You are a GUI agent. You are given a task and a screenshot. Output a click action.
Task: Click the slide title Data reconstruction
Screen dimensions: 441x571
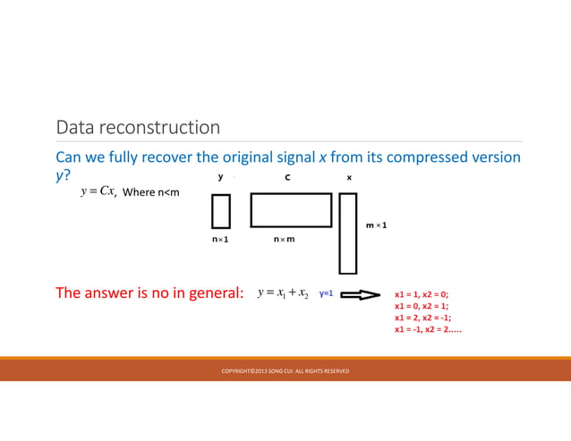(x=138, y=128)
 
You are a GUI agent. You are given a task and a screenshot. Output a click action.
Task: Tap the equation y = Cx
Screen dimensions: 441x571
(x=98, y=191)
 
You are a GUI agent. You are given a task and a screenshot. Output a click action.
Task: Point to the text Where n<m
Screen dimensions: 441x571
(x=150, y=192)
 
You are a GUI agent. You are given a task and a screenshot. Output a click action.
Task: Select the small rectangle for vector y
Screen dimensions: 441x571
(x=220, y=211)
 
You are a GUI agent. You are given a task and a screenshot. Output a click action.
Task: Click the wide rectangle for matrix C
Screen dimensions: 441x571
(x=290, y=210)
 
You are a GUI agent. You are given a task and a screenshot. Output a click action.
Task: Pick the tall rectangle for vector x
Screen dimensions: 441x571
(x=348, y=233)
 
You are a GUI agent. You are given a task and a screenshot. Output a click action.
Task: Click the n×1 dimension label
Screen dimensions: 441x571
(x=220, y=240)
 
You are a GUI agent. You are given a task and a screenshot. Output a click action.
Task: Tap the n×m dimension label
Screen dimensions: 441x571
(x=286, y=240)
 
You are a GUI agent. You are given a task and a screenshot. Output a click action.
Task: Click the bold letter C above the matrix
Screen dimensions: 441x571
(x=287, y=177)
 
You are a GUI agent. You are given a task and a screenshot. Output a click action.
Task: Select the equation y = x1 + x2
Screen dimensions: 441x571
(x=282, y=293)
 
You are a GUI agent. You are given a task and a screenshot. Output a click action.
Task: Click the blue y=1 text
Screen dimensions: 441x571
(x=327, y=293)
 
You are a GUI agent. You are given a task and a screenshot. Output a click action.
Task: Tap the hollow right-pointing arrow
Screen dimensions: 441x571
(x=363, y=293)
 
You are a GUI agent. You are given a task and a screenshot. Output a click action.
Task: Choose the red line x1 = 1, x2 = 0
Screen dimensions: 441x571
(x=422, y=293)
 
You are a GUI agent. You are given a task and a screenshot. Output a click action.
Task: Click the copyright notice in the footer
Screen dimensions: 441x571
(x=285, y=370)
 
